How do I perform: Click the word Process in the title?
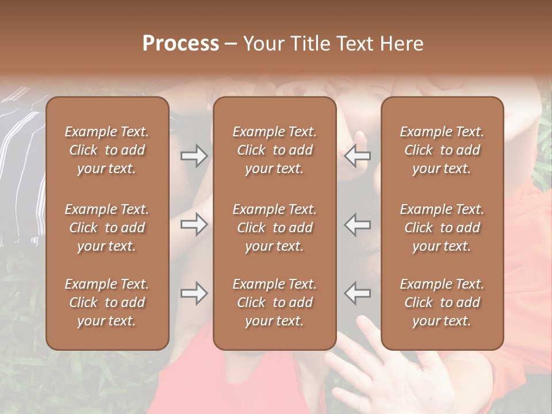[x=181, y=44]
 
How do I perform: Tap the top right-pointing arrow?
[x=194, y=155]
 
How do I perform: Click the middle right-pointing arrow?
[x=194, y=224]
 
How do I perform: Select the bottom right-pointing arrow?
[x=194, y=293]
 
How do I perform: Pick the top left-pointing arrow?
[x=358, y=155]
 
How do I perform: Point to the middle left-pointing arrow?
[x=358, y=224]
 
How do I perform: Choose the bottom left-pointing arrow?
[x=358, y=293]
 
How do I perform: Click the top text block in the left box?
[x=107, y=150]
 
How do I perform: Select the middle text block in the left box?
[x=107, y=228]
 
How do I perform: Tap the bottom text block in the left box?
[x=107, y=302]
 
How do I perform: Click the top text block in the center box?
[x=274, y=150]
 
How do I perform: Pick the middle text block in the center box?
[x=274, y=228]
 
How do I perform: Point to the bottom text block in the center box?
[x=274, y=302]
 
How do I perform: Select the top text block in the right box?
[x=442, y=150]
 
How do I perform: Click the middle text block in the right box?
[x=442, y=228]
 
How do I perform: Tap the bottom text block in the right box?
[x=442, y=302]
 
